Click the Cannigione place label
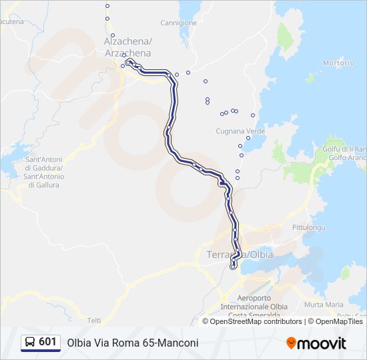[x=179, y=23]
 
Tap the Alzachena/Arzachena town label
[x=127, y=47]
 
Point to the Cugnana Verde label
[x=240, y=131]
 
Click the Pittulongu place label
[x=308, y=227]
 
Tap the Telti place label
[x=94, y=321]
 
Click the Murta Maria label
[x=324, y=305]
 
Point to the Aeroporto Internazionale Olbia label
[x=254, y=303]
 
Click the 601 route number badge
[x=47, y=342]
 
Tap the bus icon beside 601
[x=30, y=343]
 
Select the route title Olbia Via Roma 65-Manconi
[x=133, y=343]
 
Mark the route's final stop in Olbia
[x=233, y=267]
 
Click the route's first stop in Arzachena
[x=128, y=61]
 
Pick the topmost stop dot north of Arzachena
[x=107, y=6]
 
